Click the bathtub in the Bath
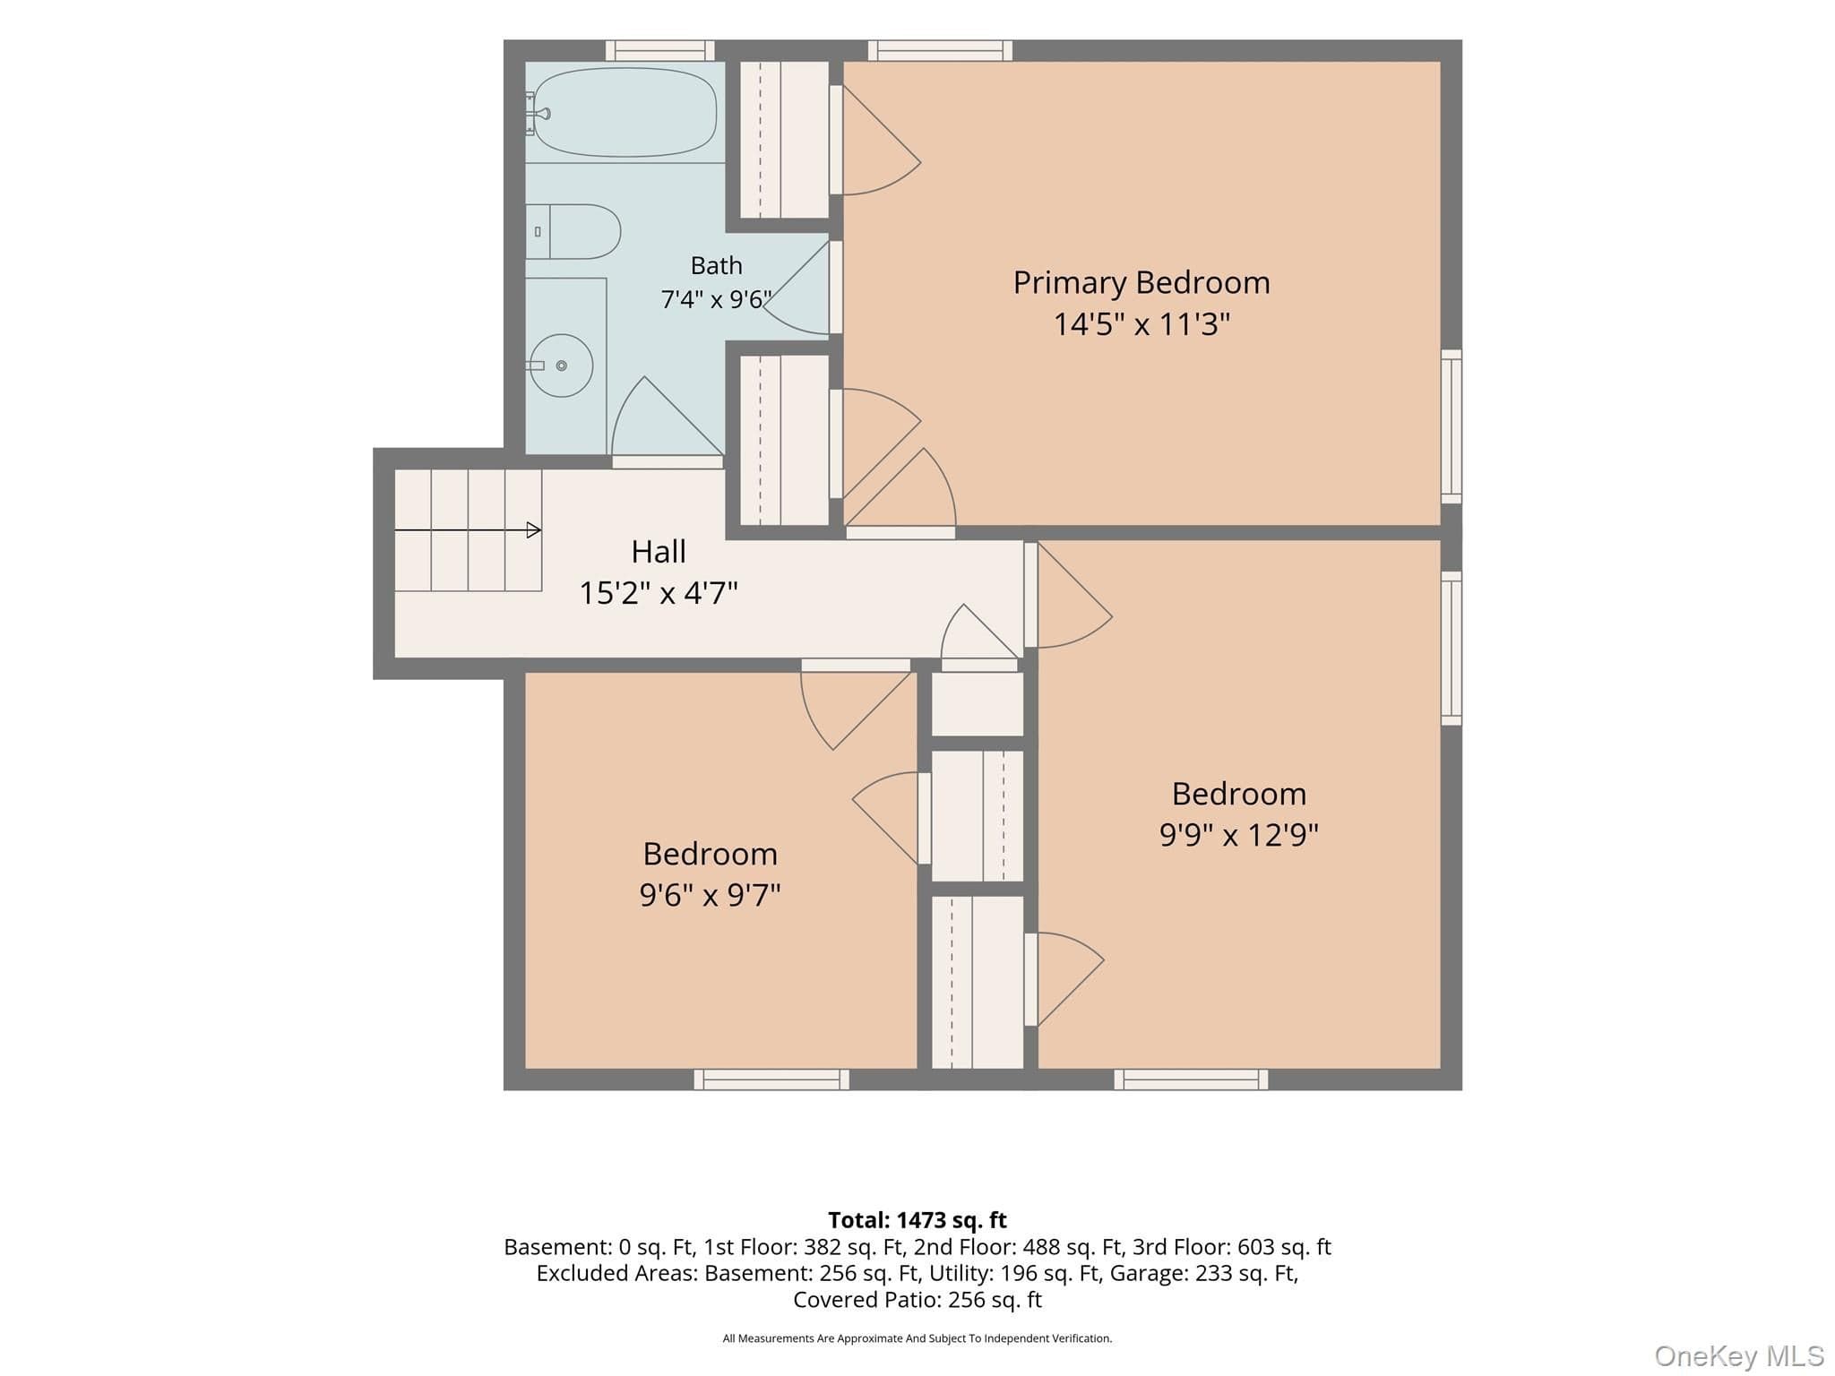coord(625,113)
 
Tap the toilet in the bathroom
coord(573,231)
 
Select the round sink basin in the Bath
coord(562,365)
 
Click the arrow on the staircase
coord(468,530)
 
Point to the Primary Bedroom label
coord(1141,283)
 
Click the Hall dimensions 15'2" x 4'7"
coord(659,593)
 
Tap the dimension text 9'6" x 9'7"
coord(710,895)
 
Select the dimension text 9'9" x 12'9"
coord(1239,835)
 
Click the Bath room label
coord(717,266)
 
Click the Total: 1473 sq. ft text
coord(917,1220)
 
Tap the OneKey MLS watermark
coord(1739,1356)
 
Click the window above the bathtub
coord(660,51)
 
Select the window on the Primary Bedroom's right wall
coord(1452,426)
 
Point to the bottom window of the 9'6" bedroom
coord(771,1079)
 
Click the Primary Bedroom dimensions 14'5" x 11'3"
coord(1141,324)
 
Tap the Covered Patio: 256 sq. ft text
coord(917,1300)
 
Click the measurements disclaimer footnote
coord(917,1338)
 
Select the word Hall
coord(659,552)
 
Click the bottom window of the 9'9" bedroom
coord(1191,1079)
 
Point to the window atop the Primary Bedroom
coord(940,51)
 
